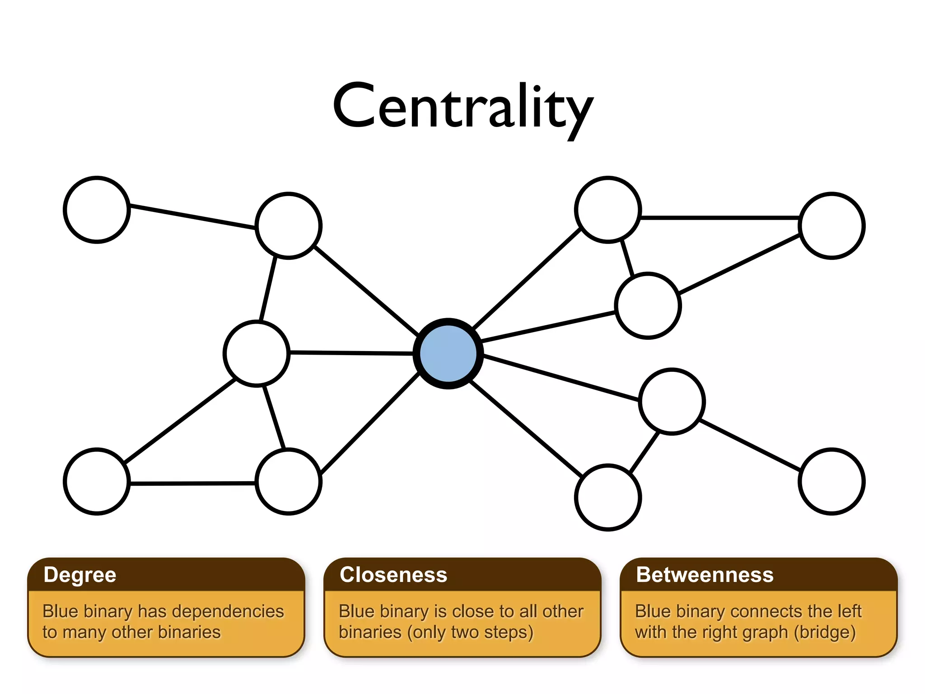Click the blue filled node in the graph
point(448,353)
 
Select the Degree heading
point(80,575)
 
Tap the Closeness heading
point(393,575)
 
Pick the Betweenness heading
point(704,575)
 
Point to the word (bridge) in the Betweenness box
point(825,633)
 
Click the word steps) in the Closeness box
point(509,633)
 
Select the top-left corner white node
point(97,210)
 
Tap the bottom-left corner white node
point(97,482)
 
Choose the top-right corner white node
point(832,225)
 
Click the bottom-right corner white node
point(832,482)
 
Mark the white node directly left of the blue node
point(257,353)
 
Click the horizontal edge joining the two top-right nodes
point(720,218)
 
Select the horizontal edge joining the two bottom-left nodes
point(193,483)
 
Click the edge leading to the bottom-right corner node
point(750,445)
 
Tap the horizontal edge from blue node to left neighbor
point(351,353)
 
